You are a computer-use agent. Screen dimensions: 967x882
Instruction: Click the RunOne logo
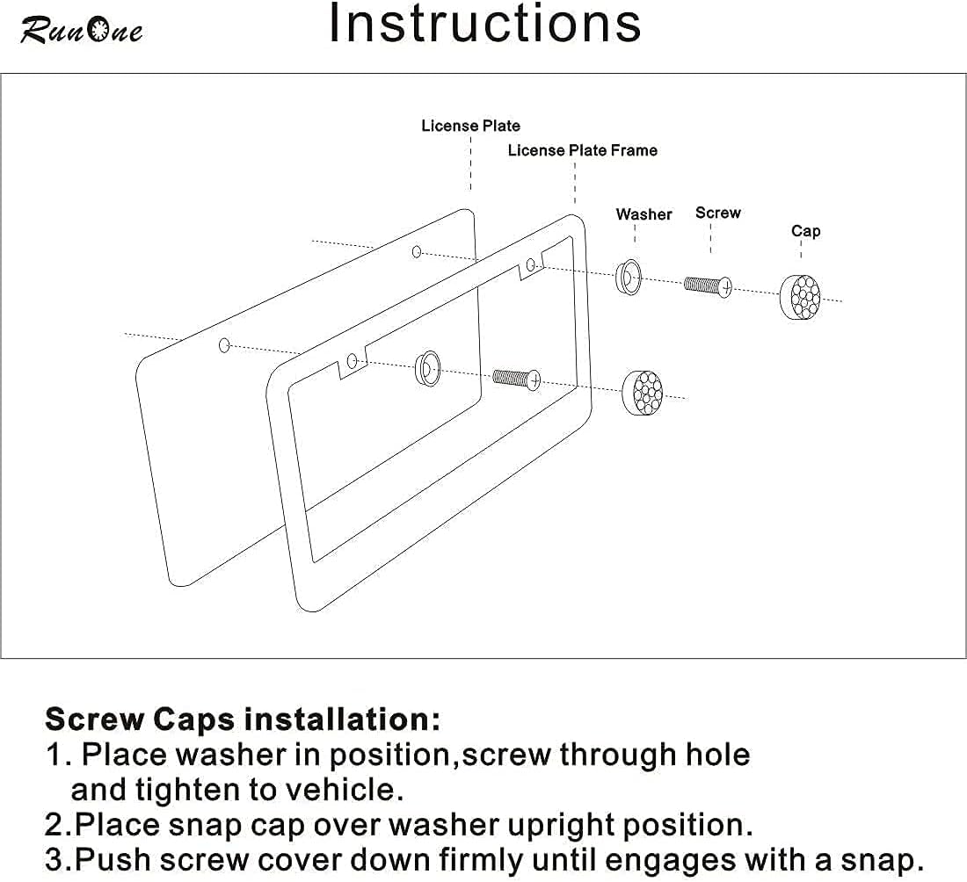[x=82, y=30]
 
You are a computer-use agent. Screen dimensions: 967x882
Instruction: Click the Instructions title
[x=485, y=24]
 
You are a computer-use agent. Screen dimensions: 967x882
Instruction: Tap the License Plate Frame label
[x=582, y=150]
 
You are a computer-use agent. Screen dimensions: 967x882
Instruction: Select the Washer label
[x=643, y=214]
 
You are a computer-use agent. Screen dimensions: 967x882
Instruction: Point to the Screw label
[x=718, y=213]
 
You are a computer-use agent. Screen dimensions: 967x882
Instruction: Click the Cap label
[x=805, y=231]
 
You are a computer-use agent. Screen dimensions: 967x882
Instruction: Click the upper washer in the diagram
[x=629, y=278]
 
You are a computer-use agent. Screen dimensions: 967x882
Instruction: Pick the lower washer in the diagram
[x=428, y=369]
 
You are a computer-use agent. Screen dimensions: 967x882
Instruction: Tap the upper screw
[x=708, y=286]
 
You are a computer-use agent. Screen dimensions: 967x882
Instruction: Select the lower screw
[x=517, y=379]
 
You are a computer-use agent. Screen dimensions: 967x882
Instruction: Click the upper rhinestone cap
[x=801, y=297]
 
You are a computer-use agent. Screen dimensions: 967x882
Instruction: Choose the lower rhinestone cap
[x=643, y=393]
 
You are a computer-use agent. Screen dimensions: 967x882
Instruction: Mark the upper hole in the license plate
[x=417, y=251]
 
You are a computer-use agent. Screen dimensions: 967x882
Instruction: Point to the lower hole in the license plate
[x=224, y=345]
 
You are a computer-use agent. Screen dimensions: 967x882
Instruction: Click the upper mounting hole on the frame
[x=530, y=265]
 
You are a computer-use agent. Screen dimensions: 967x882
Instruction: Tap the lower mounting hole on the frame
[x=353, y=360]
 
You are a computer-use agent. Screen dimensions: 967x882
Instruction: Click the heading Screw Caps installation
[x=243, y=719]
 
